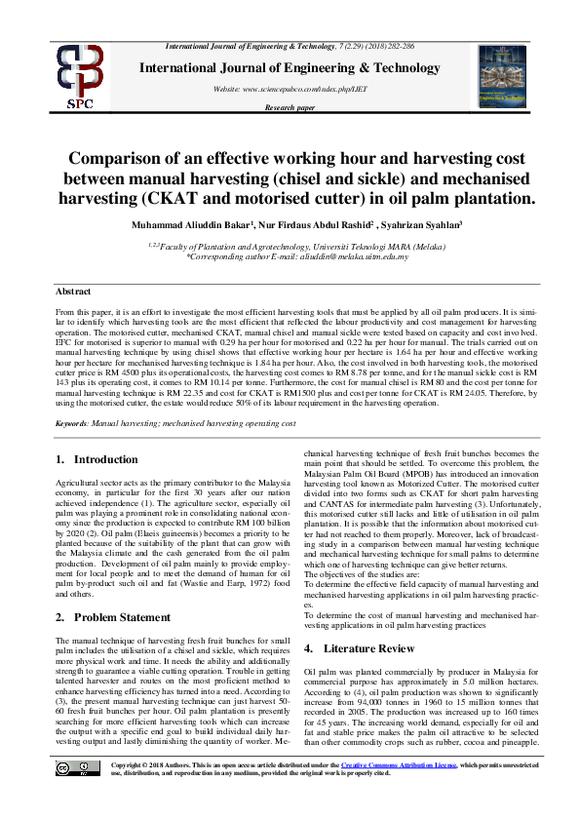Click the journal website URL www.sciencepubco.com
click(304, 89)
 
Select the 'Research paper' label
click(290, 107)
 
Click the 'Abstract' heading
click(73, 292)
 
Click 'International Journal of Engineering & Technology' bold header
click(303, 68)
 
